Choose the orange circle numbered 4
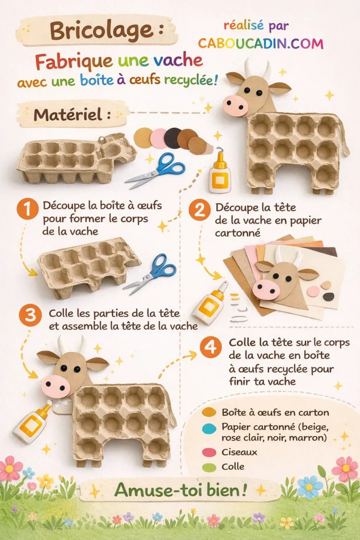click(210, 348)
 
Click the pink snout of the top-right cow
click(235, 105)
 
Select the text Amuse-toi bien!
click(181, 490)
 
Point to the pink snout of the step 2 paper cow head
click(266, 289)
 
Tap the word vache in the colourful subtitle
click(178, 61)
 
